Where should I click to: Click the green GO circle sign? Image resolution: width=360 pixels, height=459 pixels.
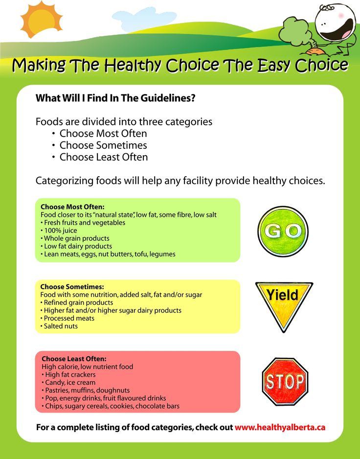(x=283, y=231)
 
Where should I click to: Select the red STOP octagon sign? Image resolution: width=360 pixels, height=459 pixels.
(x=285, y=381)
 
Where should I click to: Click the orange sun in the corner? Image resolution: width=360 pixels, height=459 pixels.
(x=41, y=19)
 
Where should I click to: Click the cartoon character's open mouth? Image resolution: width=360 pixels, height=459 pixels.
(x=337, y=29)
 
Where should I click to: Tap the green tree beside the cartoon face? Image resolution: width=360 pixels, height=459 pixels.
(x=293, y=32)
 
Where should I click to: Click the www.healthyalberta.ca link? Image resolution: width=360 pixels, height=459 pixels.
(x=280, y=427)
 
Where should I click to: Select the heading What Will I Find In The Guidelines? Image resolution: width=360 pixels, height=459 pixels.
(x=115, y=98)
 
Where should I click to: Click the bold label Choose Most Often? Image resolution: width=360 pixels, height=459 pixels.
(x=72, y=207)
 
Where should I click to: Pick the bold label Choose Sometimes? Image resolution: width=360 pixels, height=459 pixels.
(x=72, y=287)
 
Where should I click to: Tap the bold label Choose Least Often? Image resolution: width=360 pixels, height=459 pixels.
(x=74, y=359)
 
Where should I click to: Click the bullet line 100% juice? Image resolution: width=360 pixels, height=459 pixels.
(x=59, y=230)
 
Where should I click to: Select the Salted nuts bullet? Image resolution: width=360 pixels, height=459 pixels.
(x=59, y=326)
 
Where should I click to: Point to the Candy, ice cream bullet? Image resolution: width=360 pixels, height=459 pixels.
(x=68, y=382)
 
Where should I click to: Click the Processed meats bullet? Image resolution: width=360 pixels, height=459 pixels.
(x=67, y=318)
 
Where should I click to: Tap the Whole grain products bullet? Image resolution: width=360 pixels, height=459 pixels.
(x=75, y=238)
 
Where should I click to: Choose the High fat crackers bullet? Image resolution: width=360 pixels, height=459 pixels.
(x=68, y=374)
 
